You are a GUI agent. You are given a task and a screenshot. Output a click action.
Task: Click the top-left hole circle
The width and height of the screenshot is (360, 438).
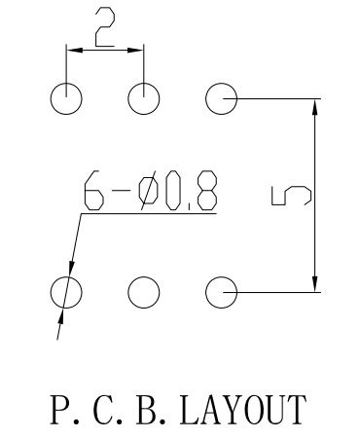[x=66, y=97]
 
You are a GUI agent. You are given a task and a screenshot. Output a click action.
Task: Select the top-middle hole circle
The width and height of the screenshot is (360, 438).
[x=143, y=97]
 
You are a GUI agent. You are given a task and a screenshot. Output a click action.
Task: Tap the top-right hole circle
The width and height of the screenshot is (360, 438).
[x=221, y=97]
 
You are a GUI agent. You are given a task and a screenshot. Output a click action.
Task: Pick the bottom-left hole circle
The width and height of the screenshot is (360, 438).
[x=66, y=290]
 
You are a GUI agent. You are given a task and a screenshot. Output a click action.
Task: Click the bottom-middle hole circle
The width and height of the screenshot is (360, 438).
[x=143, y=290]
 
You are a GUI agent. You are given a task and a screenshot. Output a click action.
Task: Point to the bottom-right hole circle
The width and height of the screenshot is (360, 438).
[x=221, y=290]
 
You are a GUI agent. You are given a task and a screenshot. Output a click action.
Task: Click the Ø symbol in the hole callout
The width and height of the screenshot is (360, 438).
[x=148, y=192]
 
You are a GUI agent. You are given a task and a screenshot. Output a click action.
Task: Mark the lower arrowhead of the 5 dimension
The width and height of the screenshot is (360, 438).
[x=314, y=282]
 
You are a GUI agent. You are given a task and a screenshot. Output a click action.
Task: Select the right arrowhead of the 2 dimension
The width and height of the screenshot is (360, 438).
[x=137, y=47]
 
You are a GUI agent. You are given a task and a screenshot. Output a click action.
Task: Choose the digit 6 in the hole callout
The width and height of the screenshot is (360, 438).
[x=94, y=192]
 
